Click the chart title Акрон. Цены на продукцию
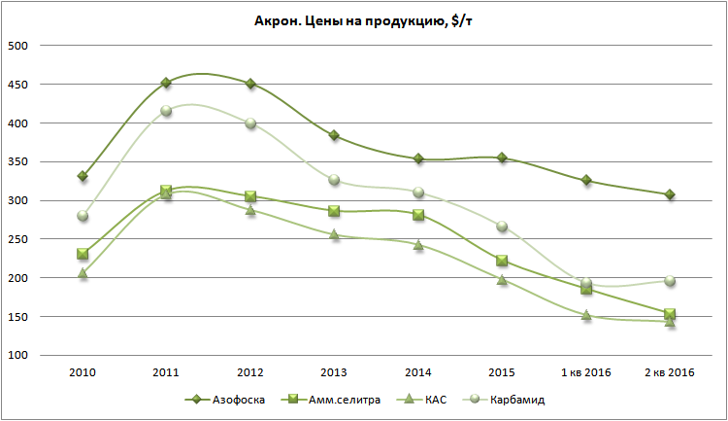click(x=363, y=20)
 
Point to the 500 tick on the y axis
click(x=18, y=46)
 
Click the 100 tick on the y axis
click(x=18, y=356)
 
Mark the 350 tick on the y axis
click(x=18, y=162)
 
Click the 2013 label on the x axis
click(x=333, y=373)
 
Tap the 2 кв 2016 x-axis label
click(x=669, y=373)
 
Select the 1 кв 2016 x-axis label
click(x=585, y=373)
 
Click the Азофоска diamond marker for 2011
click(x=166, y=83)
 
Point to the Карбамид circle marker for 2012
click(x=250, y=123)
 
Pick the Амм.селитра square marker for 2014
click(x=418, y=215)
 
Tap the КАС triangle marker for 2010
click(x=83, y=274)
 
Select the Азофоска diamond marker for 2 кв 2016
click(x=670, y=194)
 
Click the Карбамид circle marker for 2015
click(x=502, y=227)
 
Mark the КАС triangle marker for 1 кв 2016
click(x=586, y=315)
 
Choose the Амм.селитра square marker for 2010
click(x=83, y=254)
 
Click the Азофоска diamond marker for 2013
click(x=334, y=135)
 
